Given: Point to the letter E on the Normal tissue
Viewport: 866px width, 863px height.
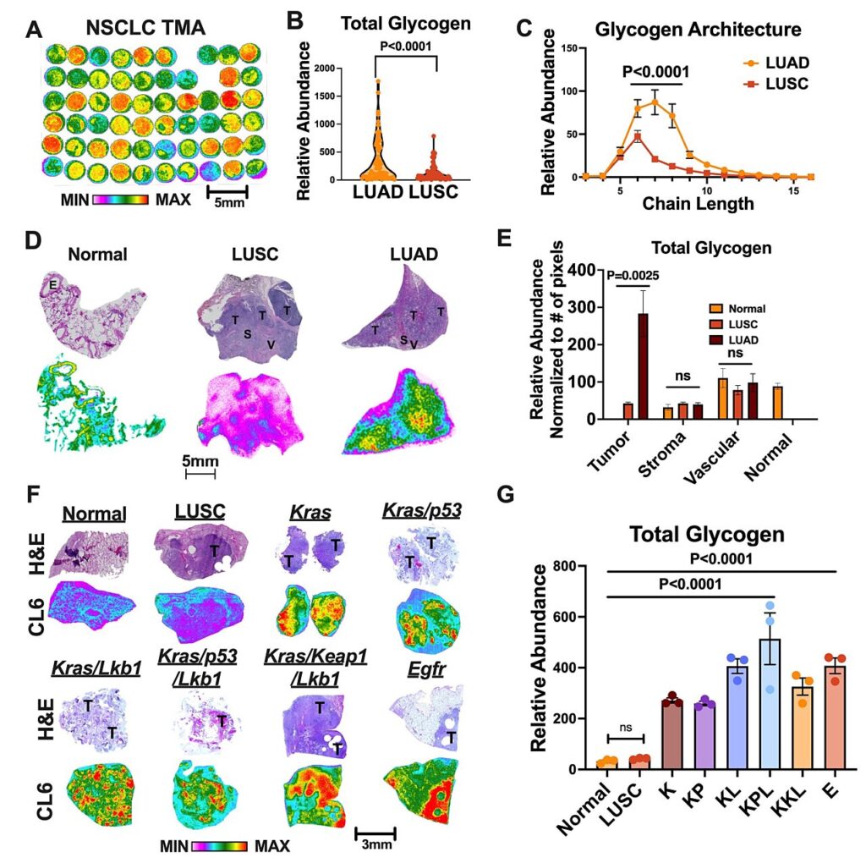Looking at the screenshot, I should [x=53, y=285].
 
